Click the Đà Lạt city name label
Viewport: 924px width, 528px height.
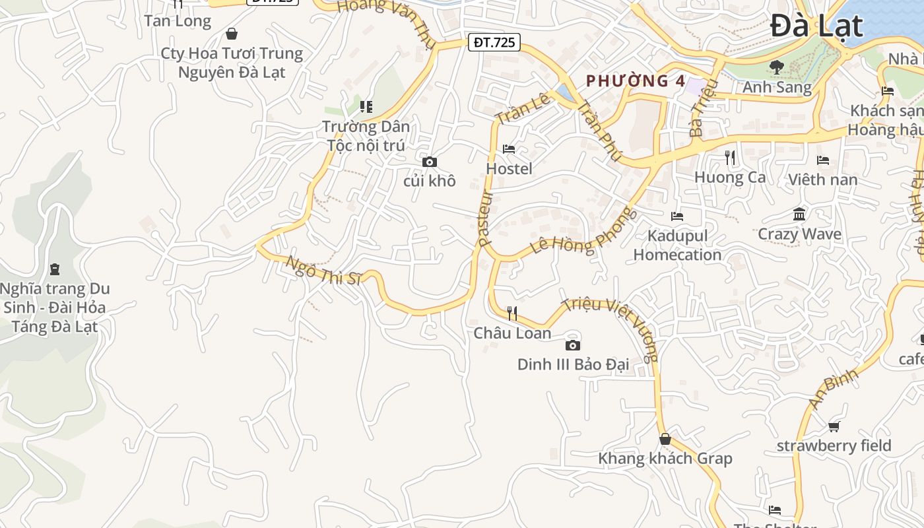coord(816,26)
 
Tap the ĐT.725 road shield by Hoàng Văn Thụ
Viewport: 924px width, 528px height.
coord(494,42)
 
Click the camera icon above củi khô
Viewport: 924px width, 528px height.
coord(430,162)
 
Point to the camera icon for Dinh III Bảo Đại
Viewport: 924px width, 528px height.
coord(573,345)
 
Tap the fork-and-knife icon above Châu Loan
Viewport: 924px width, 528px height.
coord(512,313)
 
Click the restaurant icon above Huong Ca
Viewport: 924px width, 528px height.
coord(730,157)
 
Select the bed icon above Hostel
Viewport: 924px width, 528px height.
coord(509,149)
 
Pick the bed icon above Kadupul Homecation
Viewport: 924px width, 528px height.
coord(677,216)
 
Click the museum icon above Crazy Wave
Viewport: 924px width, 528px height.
coord(799,214)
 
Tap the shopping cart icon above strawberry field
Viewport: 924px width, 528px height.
coord(834,426)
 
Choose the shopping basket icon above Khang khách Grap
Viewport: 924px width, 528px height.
coord(665,439)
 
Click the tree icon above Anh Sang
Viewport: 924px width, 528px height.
coord(776,67)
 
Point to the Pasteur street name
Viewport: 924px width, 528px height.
coord(486,218)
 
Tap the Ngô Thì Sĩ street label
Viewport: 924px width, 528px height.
coord(323,270)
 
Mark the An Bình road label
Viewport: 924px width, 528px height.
coord(834,388)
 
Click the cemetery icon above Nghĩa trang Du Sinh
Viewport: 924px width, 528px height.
coord(54,269)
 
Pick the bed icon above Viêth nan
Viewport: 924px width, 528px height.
coord(822,160)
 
